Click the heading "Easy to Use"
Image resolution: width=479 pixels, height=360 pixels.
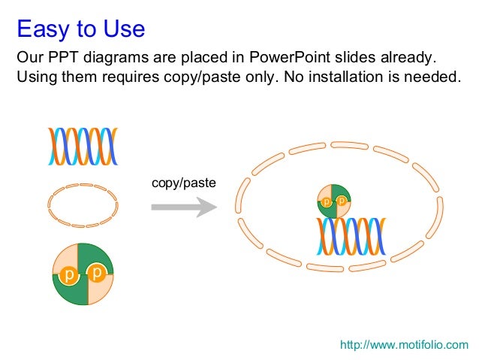[80, 29]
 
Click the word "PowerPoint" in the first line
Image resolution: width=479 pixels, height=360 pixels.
[290, 58]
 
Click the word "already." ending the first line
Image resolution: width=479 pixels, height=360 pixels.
[411, 58]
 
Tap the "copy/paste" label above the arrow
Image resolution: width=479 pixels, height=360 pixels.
[183, 183]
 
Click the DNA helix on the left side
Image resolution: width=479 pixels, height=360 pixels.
[83, 146]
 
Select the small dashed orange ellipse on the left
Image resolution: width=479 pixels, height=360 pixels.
[83, 204]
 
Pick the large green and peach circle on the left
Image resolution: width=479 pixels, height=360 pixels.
[83, 274]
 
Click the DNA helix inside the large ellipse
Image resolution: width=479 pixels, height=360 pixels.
[350, 236]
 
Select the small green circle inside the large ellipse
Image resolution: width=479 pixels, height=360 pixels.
[333, 201]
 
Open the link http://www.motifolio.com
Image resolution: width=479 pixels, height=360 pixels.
[404, 345]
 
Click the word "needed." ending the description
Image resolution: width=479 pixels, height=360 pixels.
[432, 77]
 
